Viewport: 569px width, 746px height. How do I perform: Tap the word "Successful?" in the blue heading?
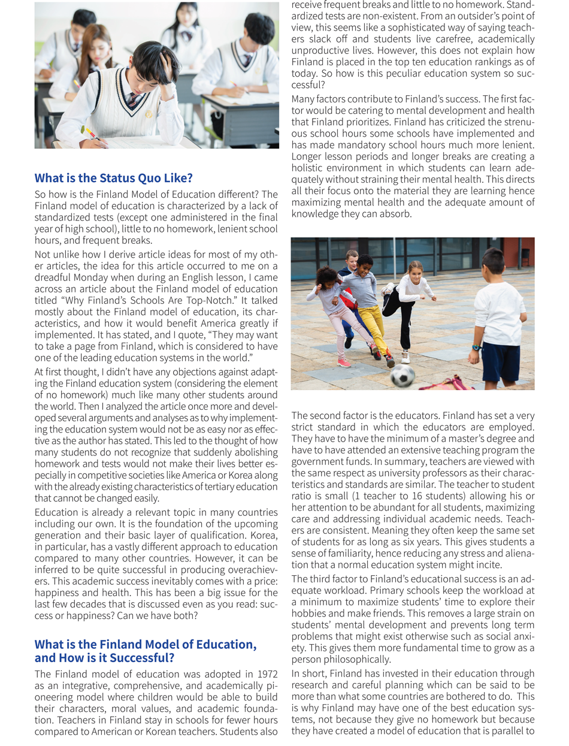tap(143, 657)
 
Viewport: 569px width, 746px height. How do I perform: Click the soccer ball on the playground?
tap(402, 376)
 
